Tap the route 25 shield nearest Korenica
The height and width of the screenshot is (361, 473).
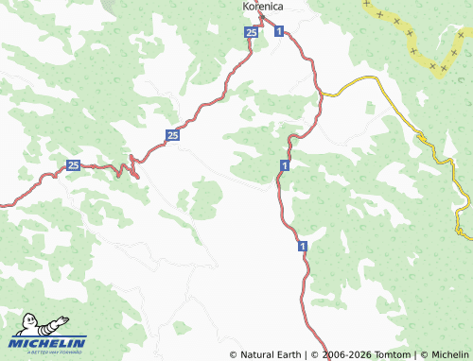(251, 32)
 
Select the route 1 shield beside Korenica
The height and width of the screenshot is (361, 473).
(279, 32)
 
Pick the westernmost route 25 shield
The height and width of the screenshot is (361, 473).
(74, 166)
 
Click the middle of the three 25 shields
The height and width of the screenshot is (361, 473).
(172, 136)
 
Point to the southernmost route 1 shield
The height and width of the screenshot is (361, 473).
(303, 246)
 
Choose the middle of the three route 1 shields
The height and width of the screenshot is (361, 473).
(284, 165)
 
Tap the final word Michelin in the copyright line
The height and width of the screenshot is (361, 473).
(449, 354)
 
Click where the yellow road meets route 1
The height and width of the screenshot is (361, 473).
(321, 94)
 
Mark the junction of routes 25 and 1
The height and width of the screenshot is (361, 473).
(262, 18)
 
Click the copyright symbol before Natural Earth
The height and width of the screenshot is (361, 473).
(234, 354)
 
